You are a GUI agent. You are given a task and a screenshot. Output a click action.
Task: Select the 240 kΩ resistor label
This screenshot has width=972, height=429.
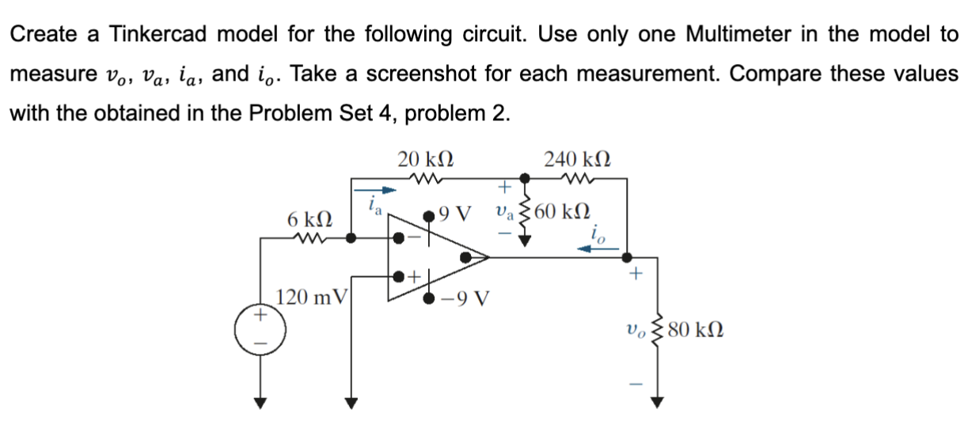click(x=578, y=158)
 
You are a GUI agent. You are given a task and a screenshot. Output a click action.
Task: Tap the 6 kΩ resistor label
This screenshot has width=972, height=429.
click(x=309, y=217)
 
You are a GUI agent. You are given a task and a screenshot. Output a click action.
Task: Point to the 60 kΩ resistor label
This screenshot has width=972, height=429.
click(x=561, y=212)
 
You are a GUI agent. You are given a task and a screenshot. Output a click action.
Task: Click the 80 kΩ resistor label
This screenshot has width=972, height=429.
click(x=692, y=328)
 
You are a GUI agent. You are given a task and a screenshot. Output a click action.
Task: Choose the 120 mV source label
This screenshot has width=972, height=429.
click(x=311, y=298)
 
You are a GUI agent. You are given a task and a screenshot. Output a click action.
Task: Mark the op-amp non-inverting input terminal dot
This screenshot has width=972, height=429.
click(x=399, y=276)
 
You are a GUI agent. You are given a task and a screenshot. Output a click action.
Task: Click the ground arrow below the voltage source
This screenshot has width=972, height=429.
click(x=256, y=400)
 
